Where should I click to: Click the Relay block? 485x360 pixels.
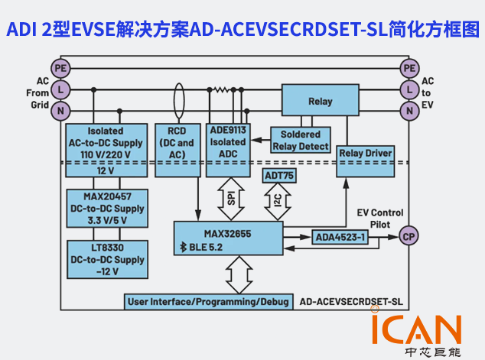(x=320, y=101)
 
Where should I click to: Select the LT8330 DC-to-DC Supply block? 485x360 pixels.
(x=107, y=259)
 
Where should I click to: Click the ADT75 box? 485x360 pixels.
(x=279, y=176)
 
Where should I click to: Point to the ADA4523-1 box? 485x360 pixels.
(x=340, y=237)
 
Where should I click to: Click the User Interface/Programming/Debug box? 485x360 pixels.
(x=208, y=301)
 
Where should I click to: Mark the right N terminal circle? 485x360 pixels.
(x=409, y=111)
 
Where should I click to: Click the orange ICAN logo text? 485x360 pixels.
(x=416, y=329)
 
